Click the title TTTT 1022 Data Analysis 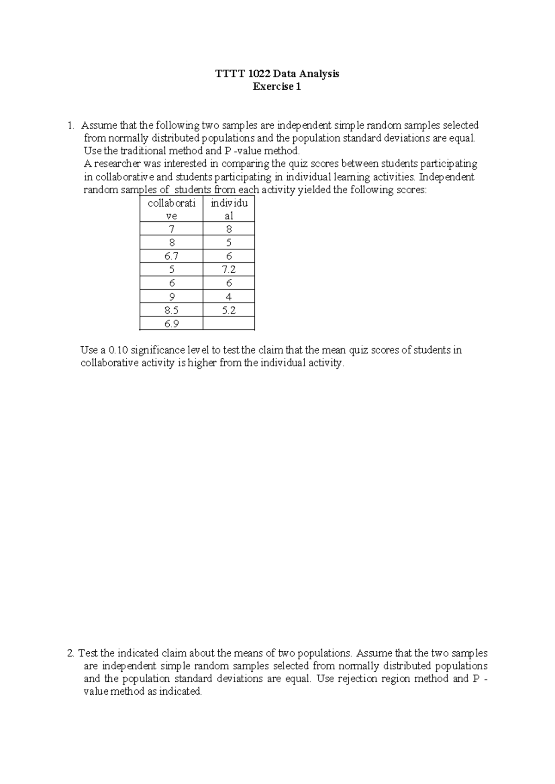(277, 73)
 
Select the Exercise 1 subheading (277, 86)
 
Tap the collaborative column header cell (171, 209)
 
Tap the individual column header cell (228, 209)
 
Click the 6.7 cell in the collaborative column (171, 256)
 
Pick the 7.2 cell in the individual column (228, 269)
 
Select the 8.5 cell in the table (171, 310)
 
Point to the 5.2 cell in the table (228, 310)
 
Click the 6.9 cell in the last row (171, 324)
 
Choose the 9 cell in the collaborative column (171, 297)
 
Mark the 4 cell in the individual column (228, 297)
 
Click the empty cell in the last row (228, 324)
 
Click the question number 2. (70, 653)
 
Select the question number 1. (70, 125)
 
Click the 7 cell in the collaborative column (171, 229)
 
